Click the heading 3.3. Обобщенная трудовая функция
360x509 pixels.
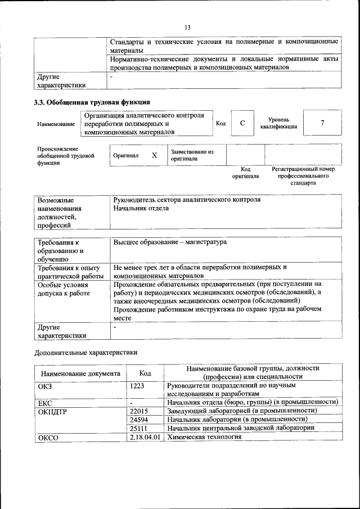(x=92, y=102)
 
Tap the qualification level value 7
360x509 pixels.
(x=322, y=123)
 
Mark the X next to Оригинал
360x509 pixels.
(x=154, y=155)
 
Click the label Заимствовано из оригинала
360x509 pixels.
(x=192, y=155)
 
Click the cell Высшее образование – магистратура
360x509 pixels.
(x=170, y=242)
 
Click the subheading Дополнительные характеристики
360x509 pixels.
(x=85, y=353)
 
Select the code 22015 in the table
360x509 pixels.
(x=139, y=411)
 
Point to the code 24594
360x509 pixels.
(x=139, y=420)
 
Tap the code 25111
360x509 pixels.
(x=139, y=428)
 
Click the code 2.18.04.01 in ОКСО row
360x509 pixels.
(x=145, y=437)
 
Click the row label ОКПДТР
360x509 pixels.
(x=52, y=411)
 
